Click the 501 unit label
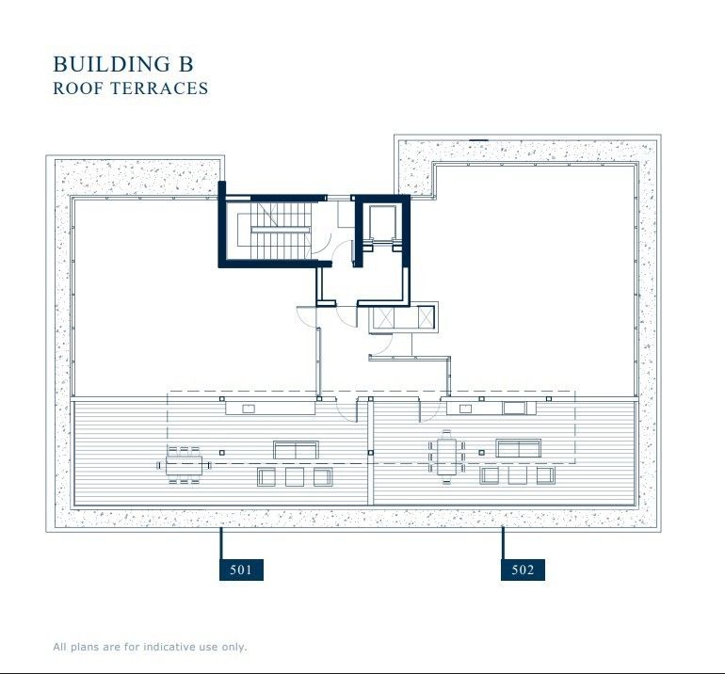(241, 570)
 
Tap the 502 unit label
(524, 570)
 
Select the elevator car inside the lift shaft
(381, 223)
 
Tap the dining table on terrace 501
(185, 464)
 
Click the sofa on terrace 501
(296, 449)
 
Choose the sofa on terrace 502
(519, 448)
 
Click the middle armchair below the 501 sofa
(295, 477)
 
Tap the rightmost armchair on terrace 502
(545, 475)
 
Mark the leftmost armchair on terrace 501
(266, 477)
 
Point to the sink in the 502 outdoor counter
(514, 408)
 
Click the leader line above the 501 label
(221, 544)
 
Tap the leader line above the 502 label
(503, 544)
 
